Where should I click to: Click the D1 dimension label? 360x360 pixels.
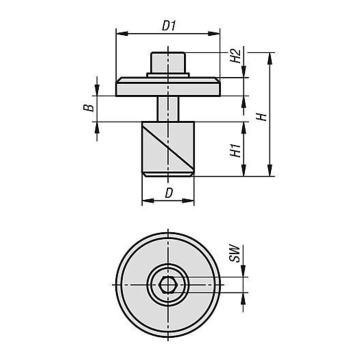click(x=169, y=25)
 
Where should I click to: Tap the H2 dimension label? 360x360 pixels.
click(x=235, y=56)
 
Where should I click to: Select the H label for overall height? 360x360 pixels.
click(x=261, y=117)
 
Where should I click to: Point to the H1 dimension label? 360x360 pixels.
click(x=235, y=150)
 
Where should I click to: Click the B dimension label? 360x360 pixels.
click(x=88, y=108)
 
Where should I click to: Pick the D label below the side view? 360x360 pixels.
click(x=169, y=193)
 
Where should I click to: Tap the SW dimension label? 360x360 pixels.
click(x=234, y=253)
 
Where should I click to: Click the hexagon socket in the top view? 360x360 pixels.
click(x=168, y=284)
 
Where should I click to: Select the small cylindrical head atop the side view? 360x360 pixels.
click(x=168, y=62)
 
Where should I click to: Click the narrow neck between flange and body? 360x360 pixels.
click(x=168, y=109)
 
